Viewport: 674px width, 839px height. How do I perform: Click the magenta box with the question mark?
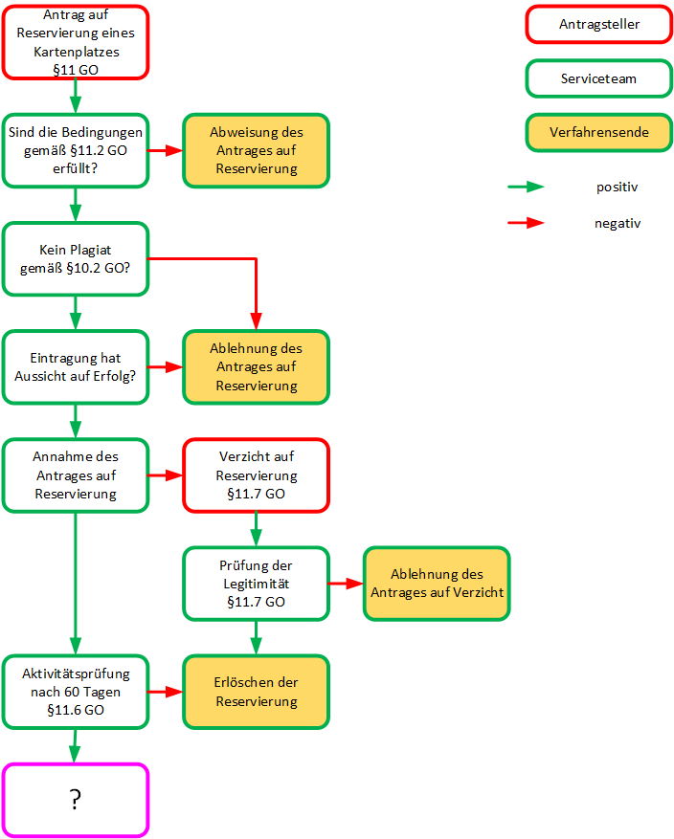coord(76,800)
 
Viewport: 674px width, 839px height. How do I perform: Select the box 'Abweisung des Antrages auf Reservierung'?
coord(256,150)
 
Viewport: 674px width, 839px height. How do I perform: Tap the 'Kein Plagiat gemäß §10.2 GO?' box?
coord(76,258)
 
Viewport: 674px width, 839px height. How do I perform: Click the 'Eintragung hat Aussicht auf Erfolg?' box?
coord(76,367)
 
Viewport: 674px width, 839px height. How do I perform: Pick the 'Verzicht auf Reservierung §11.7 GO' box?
coord(256,475)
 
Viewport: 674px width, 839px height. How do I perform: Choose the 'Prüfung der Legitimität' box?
coord(256,584)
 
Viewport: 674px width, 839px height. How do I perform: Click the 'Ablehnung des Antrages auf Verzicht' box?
coord(436,584)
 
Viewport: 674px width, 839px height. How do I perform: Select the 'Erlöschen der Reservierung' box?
coord(256,692)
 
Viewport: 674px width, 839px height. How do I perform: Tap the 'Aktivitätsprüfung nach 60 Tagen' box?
coord(76,692)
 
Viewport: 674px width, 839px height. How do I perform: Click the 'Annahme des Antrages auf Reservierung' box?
coord(76,475)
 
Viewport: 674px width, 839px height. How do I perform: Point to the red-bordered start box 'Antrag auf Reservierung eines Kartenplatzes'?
coord(76,42)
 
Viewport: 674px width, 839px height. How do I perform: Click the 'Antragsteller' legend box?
coord(598,24)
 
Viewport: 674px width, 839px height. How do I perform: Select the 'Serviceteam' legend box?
coord(598,78)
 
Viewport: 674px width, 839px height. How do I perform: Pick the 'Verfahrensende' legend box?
coord(598,132)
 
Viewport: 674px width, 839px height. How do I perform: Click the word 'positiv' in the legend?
coord(617,188)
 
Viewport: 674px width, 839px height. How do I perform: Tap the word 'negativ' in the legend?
coord(617,223)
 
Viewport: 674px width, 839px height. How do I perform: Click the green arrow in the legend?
coord(526,188)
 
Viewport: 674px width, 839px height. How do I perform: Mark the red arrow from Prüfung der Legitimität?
coord(346,584)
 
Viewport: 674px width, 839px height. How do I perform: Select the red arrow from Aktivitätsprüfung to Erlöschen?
coord(166,692)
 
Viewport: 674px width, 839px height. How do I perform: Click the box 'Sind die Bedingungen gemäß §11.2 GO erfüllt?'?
coord(76,150)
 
